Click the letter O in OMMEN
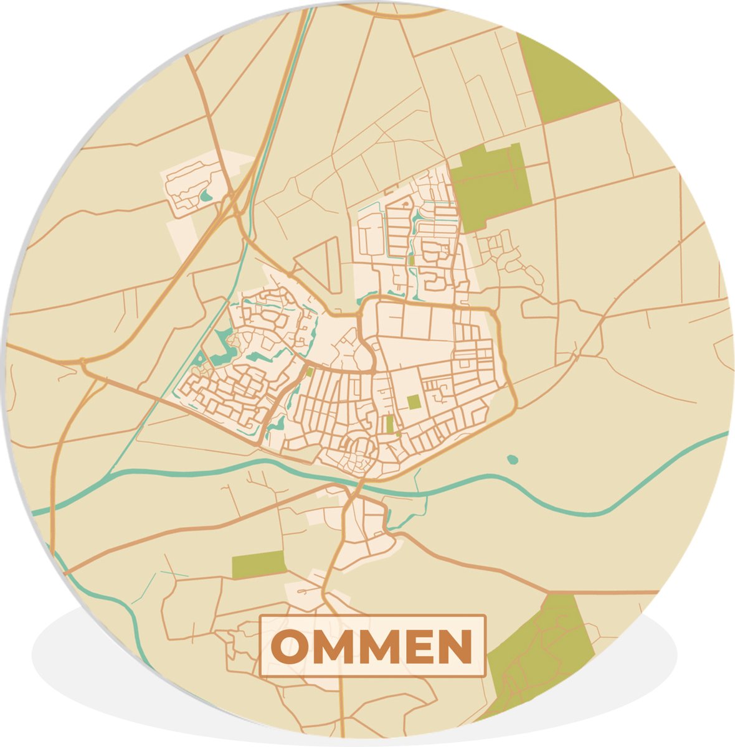tap(292, 647)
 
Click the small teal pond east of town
tap(512, 459)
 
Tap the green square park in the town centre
tap(414, 402)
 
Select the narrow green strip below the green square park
tap(389, 425)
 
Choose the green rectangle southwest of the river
tap(258, 564)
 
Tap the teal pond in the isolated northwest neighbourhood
tap(206, 197)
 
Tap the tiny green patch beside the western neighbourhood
tap(310, 372)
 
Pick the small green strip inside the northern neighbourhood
tap(410, 258)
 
